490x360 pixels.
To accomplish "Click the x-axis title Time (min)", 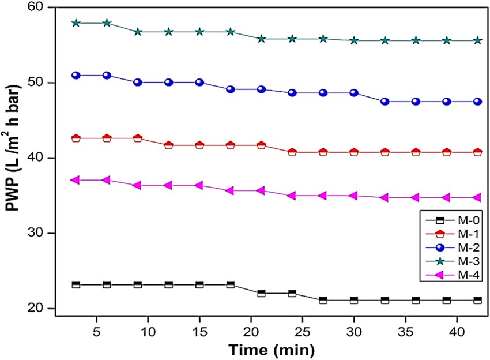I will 272,348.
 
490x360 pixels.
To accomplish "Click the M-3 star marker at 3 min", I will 76,23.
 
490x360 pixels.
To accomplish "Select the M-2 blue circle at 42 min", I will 477,102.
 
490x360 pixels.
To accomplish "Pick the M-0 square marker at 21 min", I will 261,293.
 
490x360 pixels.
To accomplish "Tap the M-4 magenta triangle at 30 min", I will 354,196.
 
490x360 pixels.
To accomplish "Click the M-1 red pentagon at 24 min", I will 292,152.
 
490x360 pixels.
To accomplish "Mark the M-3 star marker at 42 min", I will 477,40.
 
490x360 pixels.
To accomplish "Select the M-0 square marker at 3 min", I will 76,285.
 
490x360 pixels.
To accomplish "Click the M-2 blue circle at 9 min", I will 138,82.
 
